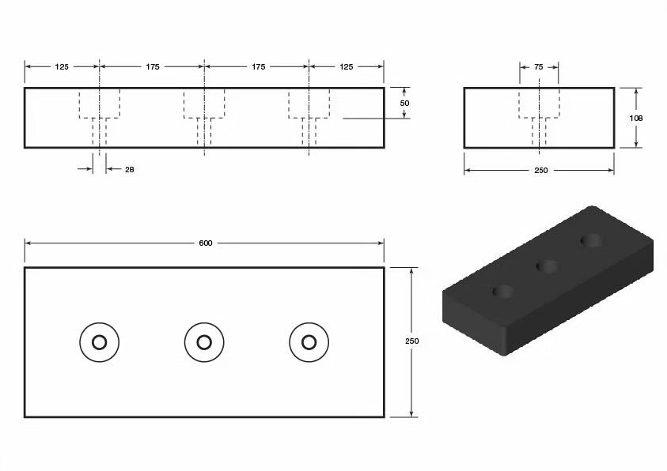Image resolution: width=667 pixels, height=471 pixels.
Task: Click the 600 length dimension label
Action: tap(205, 243)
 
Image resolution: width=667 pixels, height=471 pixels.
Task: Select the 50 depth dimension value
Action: tap(404, 104)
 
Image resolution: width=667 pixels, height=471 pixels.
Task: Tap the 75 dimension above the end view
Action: tap(539, 68)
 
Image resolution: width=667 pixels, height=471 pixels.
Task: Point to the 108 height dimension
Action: tap(635, 118)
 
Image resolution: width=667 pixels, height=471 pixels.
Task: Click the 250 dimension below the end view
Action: tap(540, 170)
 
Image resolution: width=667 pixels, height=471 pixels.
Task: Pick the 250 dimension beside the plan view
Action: tap(411, 341)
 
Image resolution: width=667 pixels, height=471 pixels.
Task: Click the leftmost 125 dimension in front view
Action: tap(61, 67)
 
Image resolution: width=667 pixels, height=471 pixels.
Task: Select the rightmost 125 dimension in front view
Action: tap(346, 67)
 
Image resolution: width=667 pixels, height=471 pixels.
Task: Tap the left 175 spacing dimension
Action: tap(152, 67)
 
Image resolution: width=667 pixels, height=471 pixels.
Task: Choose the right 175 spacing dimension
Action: tap(258, 67)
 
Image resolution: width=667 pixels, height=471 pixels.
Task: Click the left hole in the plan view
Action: tap(99, 342)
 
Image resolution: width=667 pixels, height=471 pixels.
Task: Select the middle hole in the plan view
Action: tap(204, 342)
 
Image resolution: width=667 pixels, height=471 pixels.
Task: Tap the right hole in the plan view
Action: tap(309, 342)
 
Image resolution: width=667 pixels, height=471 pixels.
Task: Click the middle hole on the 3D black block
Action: tap(547, 266)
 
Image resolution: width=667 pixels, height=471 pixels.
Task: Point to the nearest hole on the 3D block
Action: tap(502, 292)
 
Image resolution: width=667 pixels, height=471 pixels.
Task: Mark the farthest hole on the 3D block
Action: tap(591, 240)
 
